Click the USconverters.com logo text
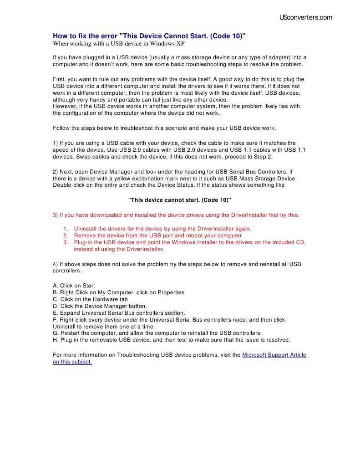click(305, 18)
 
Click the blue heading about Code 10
click(149, 36)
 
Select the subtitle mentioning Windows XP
click(119, 44)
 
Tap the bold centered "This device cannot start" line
click(180, 200)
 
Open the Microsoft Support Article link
click(274, 355)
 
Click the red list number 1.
click(65, 229)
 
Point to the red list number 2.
click(65, 236)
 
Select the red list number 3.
click(65, 242)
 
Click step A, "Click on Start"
click(74, 286)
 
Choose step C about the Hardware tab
click(90, 299)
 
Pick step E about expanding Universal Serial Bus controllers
click(119, 313)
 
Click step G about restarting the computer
click(157, 333)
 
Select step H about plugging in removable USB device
click(172, 340)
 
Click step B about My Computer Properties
click(119, 292)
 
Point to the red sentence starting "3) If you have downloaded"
click(176, 215)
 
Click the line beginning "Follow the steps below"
click(164, 128)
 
